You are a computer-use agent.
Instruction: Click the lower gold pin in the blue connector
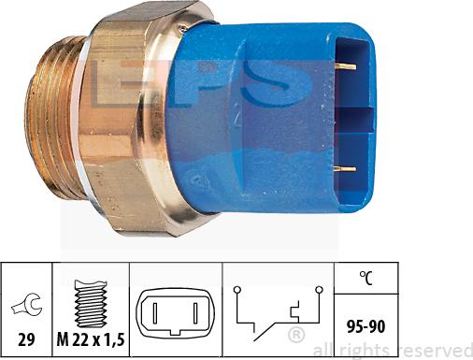pyautogui.click(x=344, y=169)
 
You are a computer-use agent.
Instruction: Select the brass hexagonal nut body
pyautogui.click(x=131, y=122)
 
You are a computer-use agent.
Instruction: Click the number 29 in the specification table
pyautogui.click(x=26, y=339)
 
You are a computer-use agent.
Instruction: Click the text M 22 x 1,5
pyautogui.click(x=91, y=339)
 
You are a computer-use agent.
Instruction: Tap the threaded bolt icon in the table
pyautogui.click(x=92, y=304)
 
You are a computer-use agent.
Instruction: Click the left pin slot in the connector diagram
pyautogui.click(x=155, y=313)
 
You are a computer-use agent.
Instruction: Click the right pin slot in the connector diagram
pyautogui.click(x=195, y=313)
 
